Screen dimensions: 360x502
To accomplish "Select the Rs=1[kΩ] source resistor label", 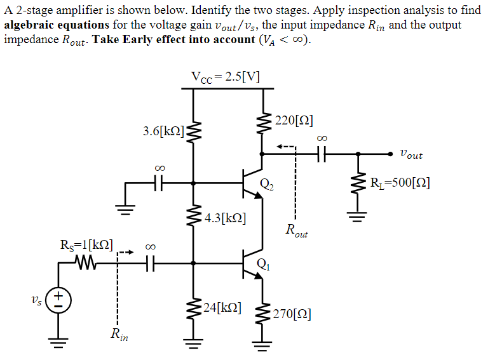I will pos(86,244).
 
